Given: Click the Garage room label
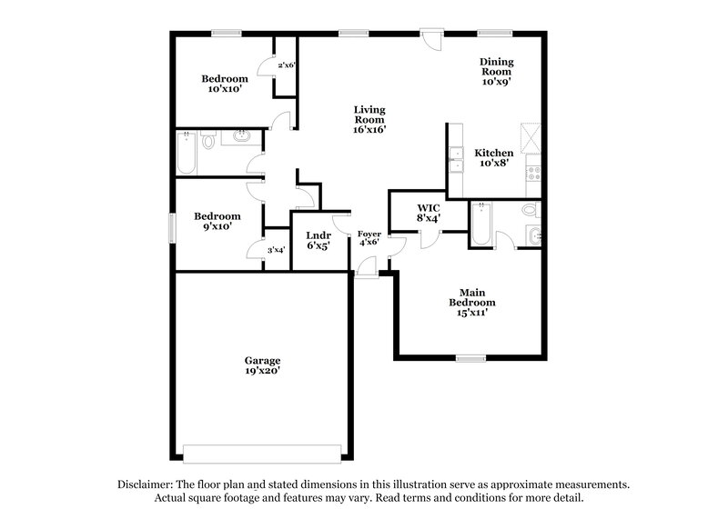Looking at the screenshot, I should tap(261, 360).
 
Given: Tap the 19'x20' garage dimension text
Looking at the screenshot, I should tap(261, 371).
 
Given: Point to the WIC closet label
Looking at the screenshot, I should tap(429, 207).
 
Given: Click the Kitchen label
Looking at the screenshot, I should tap(494, 153).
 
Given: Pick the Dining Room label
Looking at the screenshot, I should tap(498, 66).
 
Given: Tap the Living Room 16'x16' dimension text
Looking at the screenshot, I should tap(370, 129).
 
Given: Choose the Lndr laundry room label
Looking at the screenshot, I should tap(318, 235).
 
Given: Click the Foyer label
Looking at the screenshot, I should tap(369, 234).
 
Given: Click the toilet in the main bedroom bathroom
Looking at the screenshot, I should tap(531, 212).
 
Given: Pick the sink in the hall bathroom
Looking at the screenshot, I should tap(241, 137).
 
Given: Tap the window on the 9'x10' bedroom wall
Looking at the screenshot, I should tap(172, 225).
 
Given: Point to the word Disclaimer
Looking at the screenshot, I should tap(147, 485).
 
